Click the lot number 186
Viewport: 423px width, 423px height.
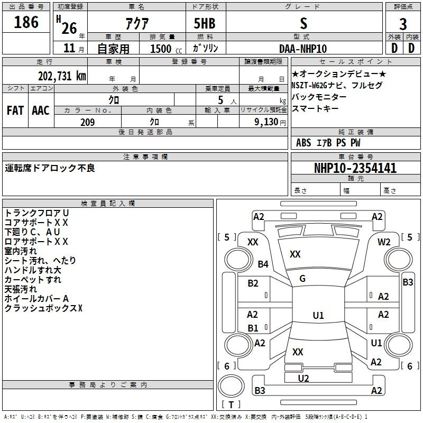coord(26,22)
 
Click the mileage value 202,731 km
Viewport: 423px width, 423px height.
coord(62,76)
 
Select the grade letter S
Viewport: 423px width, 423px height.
coord(304,23)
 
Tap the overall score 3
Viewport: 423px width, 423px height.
coord(403,24)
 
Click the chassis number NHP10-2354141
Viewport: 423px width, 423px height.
coord(355,168)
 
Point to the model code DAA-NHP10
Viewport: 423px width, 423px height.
coord(303,49)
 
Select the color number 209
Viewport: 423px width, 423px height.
coord(87,122)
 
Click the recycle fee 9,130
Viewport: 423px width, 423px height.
coord(266,122)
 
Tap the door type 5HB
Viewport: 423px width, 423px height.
coord(205,23)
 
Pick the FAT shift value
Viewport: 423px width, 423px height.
coord(15,111)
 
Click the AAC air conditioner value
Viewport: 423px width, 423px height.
coord(41,111)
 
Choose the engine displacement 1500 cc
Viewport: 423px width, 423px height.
coord(166,49)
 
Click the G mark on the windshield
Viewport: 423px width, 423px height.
coord(302,279)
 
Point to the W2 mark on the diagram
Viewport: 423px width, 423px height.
coord(384,242)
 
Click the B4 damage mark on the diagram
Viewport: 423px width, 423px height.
coord(263,264)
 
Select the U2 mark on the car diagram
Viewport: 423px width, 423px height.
coord(304,378)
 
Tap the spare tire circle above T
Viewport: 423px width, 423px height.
coord(231,386)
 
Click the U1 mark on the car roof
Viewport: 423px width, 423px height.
coord(318,315)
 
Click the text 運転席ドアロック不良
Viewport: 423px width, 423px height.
coord(50,168)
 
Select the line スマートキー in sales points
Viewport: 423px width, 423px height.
coord(315,108)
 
